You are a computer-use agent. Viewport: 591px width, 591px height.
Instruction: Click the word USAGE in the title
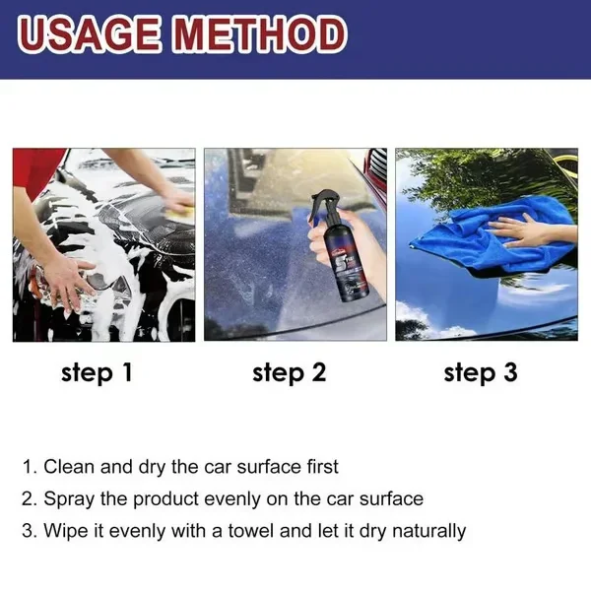click(x=89, y=35)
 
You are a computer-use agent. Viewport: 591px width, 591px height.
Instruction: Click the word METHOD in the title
click(x=258, y=35)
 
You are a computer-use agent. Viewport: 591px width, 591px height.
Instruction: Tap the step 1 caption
click(x=97, y=372)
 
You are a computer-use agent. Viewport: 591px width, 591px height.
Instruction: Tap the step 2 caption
click(x=289, y=372)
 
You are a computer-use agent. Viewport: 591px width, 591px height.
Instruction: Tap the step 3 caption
click(x=480, y=372)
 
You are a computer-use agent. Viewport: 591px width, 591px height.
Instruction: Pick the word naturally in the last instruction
click(x=425, y=531)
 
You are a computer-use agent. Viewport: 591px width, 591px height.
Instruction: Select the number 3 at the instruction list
click(x=27, y=531)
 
